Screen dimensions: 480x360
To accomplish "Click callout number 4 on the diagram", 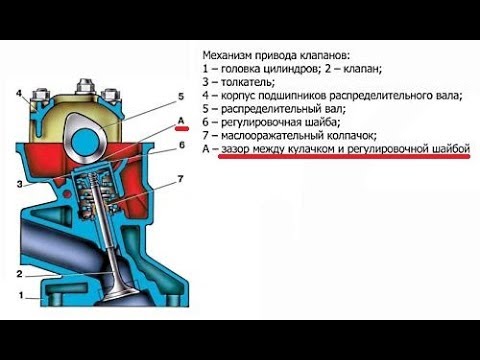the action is [x=19, y=93].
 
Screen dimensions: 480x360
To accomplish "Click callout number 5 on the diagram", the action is [x=181, y=97].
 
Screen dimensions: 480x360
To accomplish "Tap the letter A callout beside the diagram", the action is [x=181, y=120].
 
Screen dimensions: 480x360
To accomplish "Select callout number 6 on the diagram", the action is [x=182, y=145].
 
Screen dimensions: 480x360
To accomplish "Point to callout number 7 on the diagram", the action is [x=180, y=179].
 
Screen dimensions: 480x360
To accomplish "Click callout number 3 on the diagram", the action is [x=20, y=184].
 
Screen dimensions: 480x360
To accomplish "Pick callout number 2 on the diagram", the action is [x=19, y=274].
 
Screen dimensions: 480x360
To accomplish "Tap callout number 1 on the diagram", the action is [x=21, y=295].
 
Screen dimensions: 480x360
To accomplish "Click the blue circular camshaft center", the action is [x=86, y=140].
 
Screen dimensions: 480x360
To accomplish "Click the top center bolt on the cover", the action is [x=84, y=86].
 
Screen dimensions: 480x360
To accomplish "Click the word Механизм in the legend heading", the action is [x=227, y=55].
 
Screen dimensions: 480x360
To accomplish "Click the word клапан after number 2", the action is [x=362, y=69].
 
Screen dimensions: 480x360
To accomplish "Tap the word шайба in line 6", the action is [x=322, y=122].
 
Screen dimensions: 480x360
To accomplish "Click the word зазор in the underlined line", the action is [x=236, y=149].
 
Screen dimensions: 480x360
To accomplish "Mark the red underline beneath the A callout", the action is [x=183, y=128].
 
